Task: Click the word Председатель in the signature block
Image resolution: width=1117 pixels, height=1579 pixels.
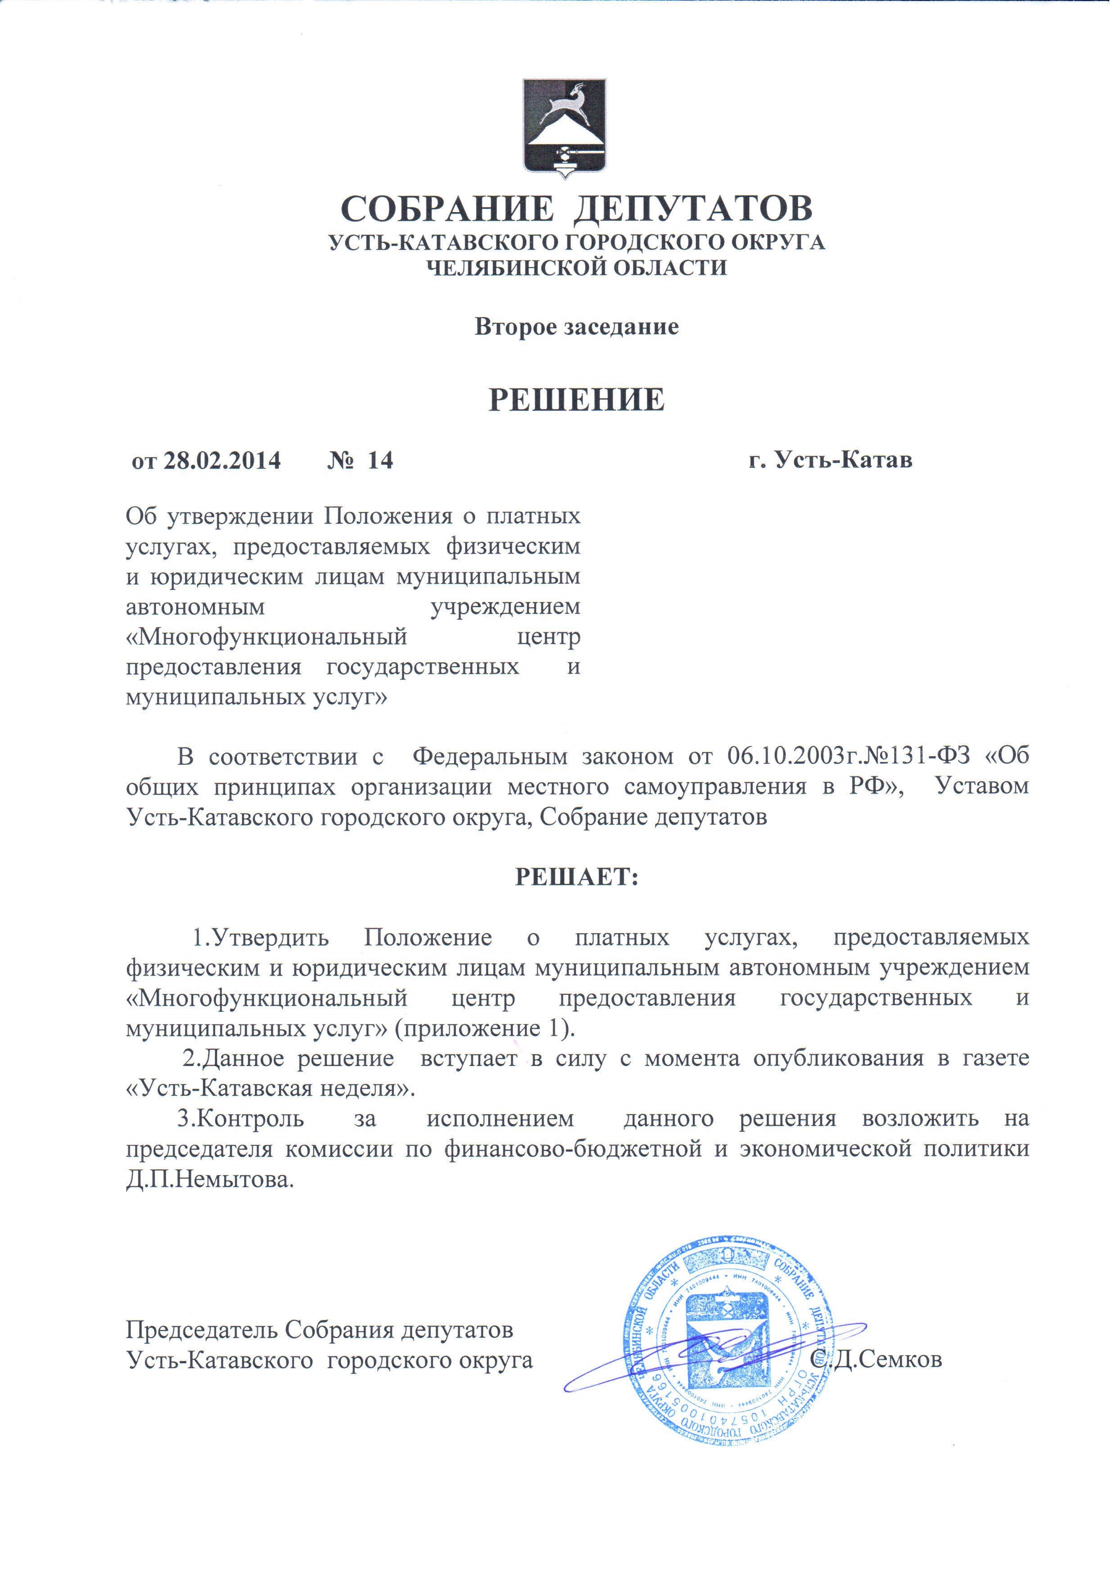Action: tap(202, 1330)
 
